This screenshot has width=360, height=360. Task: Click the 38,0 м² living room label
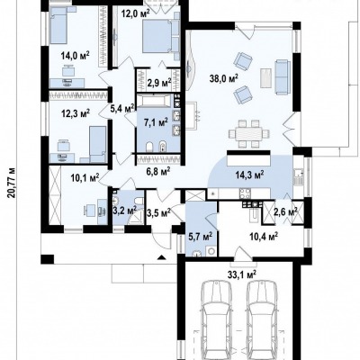(x=223, y=78)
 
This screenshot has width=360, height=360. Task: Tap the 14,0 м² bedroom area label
(x=75, y=56)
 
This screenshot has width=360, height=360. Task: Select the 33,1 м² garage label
(x=241, y=274)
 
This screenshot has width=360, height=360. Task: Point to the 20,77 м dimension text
(x=12, y=183)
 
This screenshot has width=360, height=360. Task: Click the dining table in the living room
(x=246, y=133)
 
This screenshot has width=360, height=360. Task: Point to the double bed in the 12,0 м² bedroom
(x=161, y=37)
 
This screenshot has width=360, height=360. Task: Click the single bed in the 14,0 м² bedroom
(x=58, y=25)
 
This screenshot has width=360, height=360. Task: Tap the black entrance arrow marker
(x=162, y=256)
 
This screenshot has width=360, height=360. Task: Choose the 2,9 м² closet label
(x=159, y=82)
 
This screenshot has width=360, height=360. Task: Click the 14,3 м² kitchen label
(x=249, y=175)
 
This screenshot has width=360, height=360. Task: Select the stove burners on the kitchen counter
(x=245, y=193)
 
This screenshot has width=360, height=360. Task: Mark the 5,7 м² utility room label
(x=201, y=237)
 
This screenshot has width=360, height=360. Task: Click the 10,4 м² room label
(x=264, y=237)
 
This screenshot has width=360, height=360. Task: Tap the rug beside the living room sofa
(x=266, y=78)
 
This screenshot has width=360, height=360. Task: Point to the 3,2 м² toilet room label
(x=124, y=211)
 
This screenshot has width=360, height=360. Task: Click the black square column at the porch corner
(x=48, y=259)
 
